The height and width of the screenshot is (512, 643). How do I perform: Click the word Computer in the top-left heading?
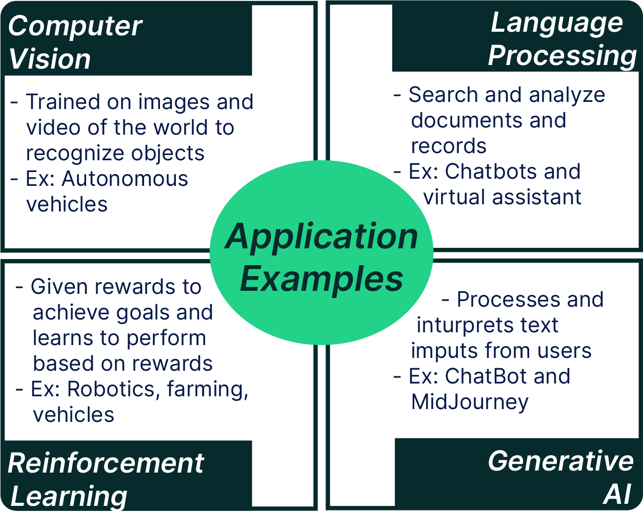click(x=75, y=26)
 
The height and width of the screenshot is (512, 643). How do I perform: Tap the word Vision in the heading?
click(x=49, y=59)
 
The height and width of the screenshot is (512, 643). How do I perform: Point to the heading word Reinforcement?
click(x=106, y=463)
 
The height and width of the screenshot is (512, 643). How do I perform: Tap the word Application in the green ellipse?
click(x=321, y=237)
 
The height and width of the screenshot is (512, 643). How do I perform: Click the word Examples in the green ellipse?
click(x=321, y=279)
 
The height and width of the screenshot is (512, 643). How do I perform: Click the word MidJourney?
click(x=469, y=402)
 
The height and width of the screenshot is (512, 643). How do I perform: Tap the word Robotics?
click(x=108, y=389)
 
